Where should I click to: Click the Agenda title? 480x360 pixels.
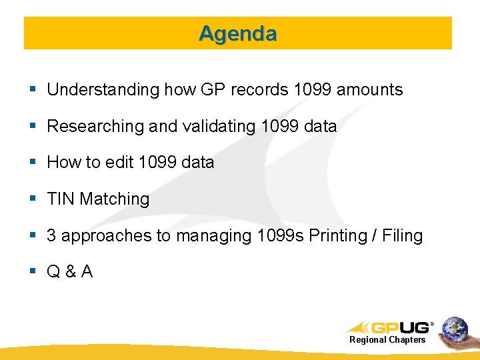pos(237,33)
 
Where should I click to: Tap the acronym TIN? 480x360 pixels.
pos(61,199)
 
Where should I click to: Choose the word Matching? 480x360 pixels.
pos(115,199)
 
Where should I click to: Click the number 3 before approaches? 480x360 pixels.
pos(51,235)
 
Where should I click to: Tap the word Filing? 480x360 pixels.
pos(403,235)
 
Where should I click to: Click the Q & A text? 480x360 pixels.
pos(69,271)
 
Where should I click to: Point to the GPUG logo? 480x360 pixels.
pos(390,327)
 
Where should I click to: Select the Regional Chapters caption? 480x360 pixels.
pos(387,340)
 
